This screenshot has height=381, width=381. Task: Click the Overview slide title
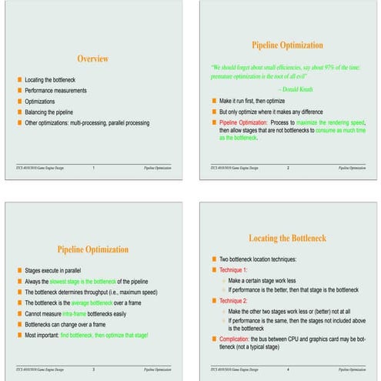(92, 58)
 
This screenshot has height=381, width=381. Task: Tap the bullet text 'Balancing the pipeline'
(54, 112)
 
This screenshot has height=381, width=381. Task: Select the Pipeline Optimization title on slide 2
(286, 45)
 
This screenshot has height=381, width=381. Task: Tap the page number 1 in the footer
(92, 167)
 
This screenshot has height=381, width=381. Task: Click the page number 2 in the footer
(287, 167)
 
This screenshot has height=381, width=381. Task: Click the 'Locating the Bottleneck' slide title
(286, 239)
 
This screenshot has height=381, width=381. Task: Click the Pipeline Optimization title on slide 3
(92, 249)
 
